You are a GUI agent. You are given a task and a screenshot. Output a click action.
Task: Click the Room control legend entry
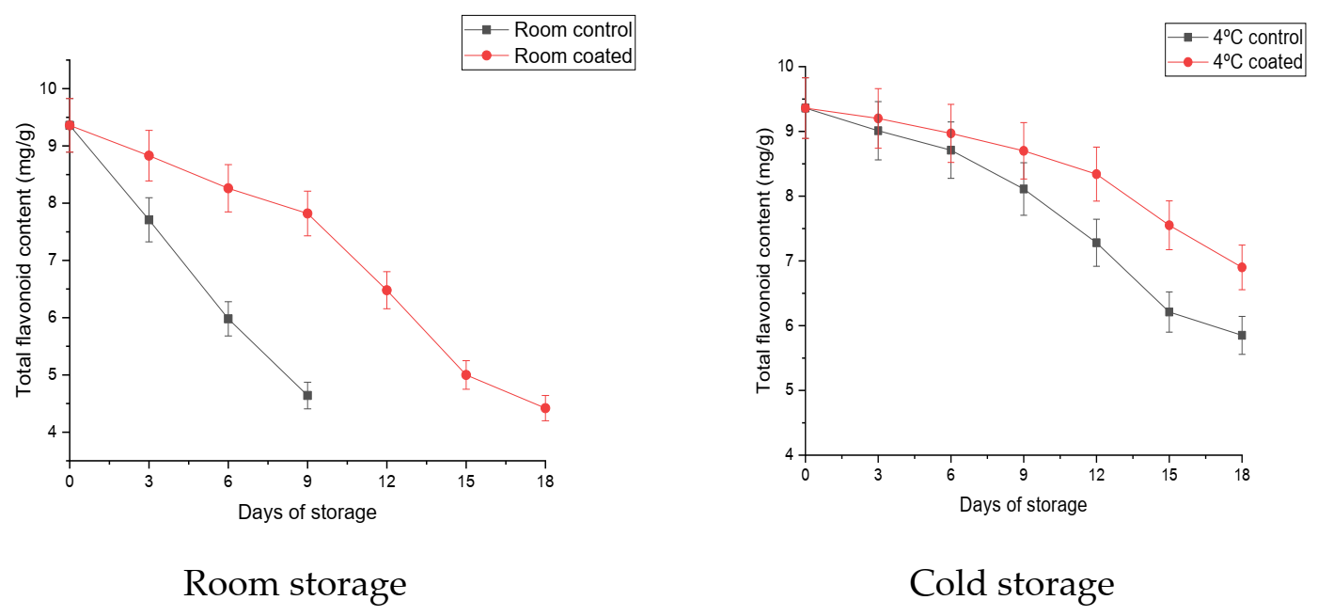(548, 29)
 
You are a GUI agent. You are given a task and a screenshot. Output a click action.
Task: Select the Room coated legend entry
(548, 56)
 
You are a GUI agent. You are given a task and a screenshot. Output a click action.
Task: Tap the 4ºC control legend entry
(1234, 38)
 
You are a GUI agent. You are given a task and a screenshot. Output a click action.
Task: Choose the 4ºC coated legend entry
(1234, 62)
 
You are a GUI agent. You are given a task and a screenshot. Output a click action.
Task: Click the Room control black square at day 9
(307, 395)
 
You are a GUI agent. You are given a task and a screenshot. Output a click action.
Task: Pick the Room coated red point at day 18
(545, 408)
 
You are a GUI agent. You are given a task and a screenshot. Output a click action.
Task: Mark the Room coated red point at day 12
(386, 290)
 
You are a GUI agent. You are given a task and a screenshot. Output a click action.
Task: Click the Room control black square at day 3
(149, 219)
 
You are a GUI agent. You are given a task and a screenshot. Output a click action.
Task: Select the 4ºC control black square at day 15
(1169, 311)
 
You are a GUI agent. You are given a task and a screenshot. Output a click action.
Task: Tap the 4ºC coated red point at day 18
(1242, 267)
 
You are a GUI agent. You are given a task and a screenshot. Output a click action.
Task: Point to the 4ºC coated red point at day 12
(1096, 174)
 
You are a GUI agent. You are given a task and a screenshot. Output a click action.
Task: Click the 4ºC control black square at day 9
(1024, 189)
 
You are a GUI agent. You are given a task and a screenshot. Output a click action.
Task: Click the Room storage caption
(294, 584)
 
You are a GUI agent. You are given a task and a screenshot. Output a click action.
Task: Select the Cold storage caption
(1012, 584)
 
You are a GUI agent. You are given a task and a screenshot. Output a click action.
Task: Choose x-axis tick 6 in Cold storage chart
(950, 475)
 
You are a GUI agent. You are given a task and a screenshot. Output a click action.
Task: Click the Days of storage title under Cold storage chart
(1023, 505)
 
